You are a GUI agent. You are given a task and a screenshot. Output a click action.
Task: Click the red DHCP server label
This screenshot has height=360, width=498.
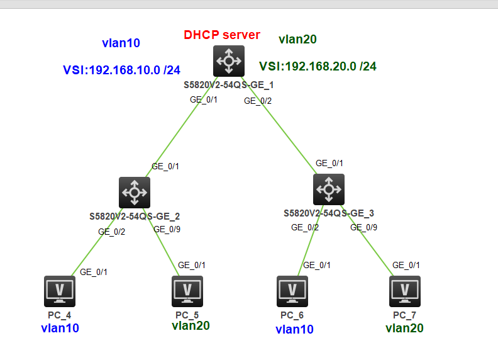pos(221,35)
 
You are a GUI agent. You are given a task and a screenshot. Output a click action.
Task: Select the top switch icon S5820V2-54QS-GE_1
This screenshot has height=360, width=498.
pos(228,62)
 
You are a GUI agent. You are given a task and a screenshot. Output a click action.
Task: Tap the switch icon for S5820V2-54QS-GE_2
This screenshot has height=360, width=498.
pos(135,192)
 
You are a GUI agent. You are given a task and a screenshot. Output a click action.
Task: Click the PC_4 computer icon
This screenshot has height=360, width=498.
pos(60,291)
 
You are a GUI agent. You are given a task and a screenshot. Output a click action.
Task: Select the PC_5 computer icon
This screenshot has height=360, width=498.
pos(187,291)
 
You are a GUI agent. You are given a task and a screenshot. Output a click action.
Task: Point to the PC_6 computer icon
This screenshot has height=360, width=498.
pos(292,291)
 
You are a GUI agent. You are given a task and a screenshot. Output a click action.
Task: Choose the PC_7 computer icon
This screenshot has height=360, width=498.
pos(405,291)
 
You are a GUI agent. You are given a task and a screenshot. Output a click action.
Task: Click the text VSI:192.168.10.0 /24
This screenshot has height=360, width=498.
pos(121,70)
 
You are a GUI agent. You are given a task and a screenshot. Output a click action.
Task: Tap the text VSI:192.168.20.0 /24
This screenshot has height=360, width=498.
pos(318,66)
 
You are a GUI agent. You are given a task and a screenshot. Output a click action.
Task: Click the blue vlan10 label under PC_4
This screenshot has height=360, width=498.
pos(60,328)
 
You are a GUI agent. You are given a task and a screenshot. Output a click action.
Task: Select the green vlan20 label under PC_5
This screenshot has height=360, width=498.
pos(191,325)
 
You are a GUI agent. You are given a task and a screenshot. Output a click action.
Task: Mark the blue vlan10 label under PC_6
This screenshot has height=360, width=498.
pos(294,329)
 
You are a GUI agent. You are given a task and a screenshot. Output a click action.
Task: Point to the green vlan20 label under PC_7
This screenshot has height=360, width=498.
pos(404,328)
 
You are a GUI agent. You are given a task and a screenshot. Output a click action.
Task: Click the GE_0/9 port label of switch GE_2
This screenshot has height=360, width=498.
pos(167,229)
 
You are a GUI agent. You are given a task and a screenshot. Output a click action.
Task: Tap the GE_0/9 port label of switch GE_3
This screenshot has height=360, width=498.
pos(363,227)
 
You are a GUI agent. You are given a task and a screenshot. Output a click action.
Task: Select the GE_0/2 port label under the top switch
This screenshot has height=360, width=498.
pos(258,101)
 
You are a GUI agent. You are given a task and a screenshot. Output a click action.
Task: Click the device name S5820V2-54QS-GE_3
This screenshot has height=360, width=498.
pos(329,213)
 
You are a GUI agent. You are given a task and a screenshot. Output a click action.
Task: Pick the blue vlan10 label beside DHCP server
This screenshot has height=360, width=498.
pos(121,43)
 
